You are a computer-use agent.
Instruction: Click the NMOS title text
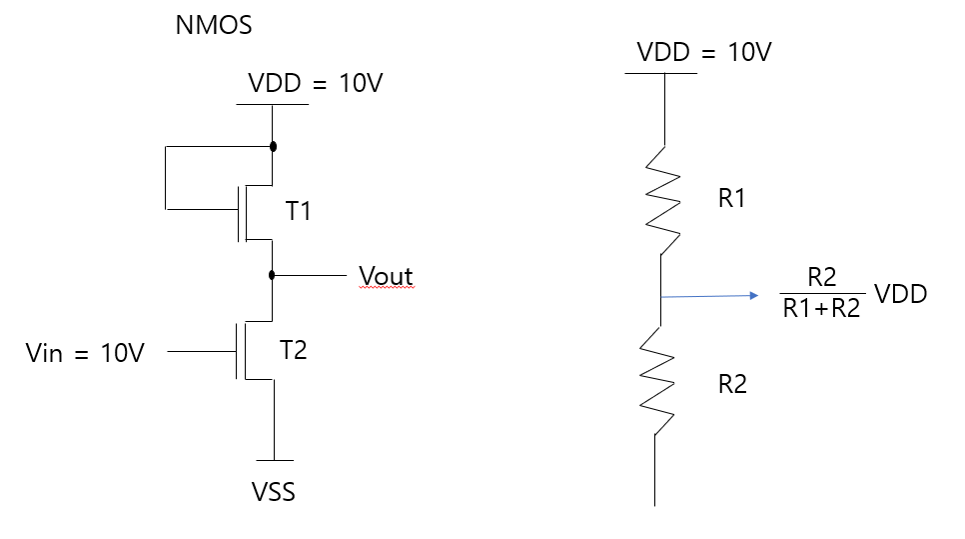point(214,26)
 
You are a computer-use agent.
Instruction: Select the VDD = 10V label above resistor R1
point(704,52)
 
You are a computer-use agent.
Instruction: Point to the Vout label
point(386,276)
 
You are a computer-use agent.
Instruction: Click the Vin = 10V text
point(85,353)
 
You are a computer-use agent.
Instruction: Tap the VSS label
point(273,492)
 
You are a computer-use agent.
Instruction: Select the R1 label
point(732,199)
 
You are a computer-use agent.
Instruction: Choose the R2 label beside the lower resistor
point(732,384)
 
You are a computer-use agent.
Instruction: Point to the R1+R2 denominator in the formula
point(820,309)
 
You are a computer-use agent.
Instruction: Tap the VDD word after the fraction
point(900,294)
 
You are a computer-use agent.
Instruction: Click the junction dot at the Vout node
point(273,273)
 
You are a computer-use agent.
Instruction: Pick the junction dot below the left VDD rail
point(273,146)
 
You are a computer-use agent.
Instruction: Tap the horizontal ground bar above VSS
point(273,460)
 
